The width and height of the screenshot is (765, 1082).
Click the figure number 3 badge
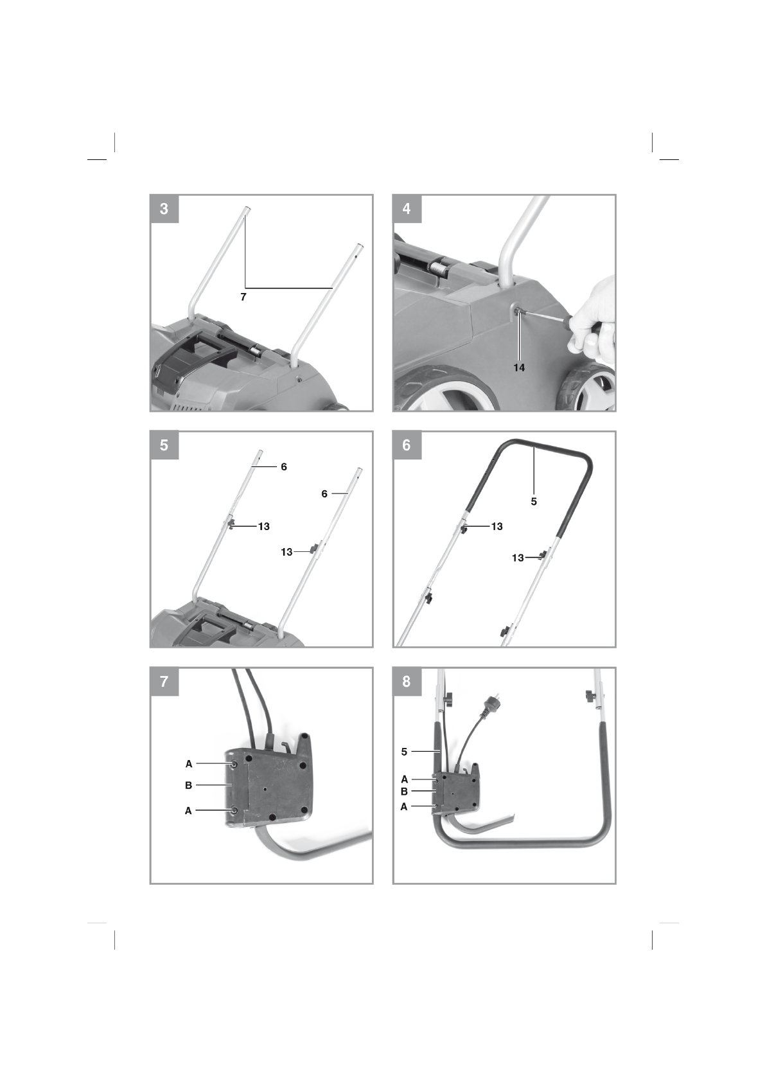tap(164, 209)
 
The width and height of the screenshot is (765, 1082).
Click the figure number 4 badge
tap(407, 209)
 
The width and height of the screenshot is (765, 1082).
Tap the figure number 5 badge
tap(164, 445)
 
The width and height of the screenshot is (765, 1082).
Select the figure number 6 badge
tap(407, 445)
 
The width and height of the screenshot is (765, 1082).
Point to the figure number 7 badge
tap(164, 682)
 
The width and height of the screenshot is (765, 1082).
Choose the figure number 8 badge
tap(407, 682)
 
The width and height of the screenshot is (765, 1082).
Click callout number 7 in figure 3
tap(243, 297)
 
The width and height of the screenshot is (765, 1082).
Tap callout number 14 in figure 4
tap(519, 368)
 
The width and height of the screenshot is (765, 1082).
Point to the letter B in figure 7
tap(188, 785)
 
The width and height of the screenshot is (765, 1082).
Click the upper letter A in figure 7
tap(188, 764)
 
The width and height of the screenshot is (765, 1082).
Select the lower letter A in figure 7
tap(188, 811)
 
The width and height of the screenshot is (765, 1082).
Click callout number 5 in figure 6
tap(534, 501)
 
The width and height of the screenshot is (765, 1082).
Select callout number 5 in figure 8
tap(404, 751)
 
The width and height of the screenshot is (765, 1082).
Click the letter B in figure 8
tap(404, 792)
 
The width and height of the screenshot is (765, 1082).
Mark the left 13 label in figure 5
tap(263, 526)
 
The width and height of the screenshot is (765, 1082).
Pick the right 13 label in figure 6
tap(518, 558)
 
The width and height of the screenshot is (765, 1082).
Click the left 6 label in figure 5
tap(283, 467)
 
